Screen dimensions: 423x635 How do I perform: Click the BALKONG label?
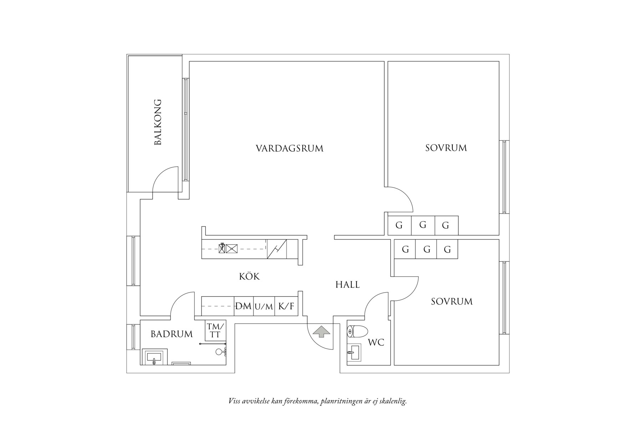(x=158, y=122)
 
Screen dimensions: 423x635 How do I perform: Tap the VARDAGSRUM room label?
(x=289, y=148)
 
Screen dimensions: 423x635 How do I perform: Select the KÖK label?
(x=249, y=276)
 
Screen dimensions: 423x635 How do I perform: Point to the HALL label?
(x=347, y=284)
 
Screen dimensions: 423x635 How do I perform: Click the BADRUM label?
(x=171, y=334)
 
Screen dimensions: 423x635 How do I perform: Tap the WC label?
(x=376, y=342)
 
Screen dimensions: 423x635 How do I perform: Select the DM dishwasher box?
(x=243, y=306)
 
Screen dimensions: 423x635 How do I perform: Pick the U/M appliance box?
(x=264, y=306)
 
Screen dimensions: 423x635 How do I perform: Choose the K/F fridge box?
(x=286, y=306)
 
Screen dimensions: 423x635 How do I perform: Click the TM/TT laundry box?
(x=215, y=330)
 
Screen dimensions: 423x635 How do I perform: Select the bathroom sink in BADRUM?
(x=154, y=357)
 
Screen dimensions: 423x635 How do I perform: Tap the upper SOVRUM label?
(x=446, y=148)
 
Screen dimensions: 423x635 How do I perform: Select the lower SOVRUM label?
(x=451, y=301)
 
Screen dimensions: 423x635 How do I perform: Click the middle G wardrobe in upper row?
(x=423, y=225)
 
